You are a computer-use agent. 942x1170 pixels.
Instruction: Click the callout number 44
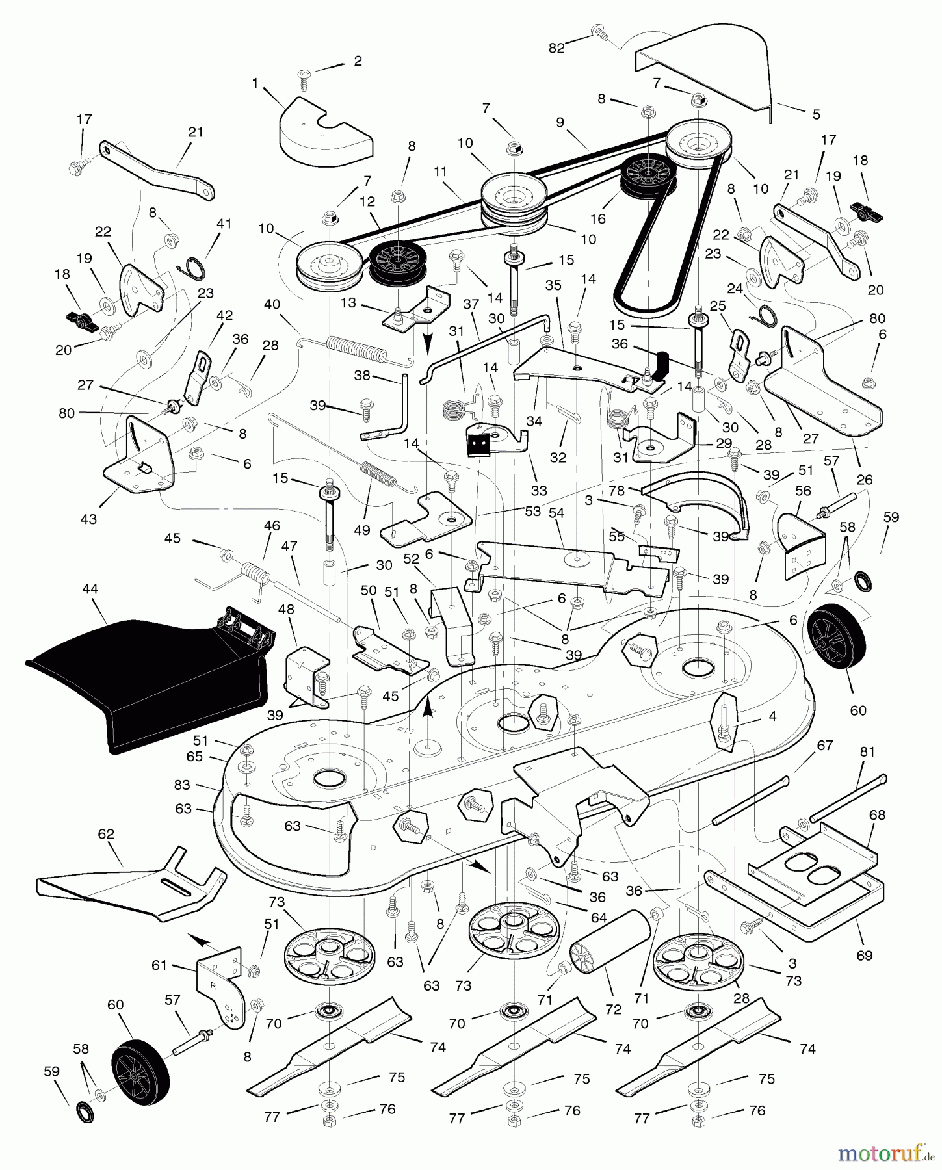[x=90, y=589]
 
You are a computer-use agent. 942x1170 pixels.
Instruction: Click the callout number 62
[x=105, y=834]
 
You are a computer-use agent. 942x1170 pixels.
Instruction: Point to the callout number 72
[x=613, y=1009]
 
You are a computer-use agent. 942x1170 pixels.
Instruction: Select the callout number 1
[x=255, y=83]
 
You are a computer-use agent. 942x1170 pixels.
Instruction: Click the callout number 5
[x=816, y=114]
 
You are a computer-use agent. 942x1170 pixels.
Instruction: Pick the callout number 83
[x=182, y=785]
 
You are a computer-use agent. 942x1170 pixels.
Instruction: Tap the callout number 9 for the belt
[x=560, y=121]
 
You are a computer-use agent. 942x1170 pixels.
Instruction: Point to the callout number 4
[x=772, y=718]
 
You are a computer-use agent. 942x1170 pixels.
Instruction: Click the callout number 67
[x=824, y=746]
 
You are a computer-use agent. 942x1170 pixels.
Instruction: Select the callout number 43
[x=88, y=519]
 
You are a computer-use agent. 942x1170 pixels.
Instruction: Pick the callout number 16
[x=597, y=218]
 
